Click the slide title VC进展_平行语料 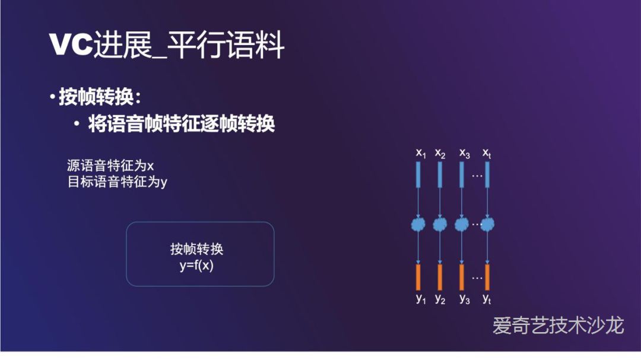click(x=167, y=46)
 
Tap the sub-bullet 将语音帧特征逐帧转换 click(x=181, y=124)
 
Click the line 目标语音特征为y click(x=117, y=181)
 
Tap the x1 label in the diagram click(x=421, y=153)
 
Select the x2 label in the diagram click(x=440, y=153)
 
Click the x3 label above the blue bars click(x=464, y=153)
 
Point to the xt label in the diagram click(x=487, y=153)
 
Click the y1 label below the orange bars click(x=421, y=298)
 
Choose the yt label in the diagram click(x=487, y=298)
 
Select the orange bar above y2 click(x=440, y=276)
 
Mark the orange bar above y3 click(x=462, y=276)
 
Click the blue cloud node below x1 click(x=419, y=224)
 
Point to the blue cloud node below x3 click(x=462, y=224)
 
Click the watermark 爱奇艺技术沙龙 click(x=558, y=325)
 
